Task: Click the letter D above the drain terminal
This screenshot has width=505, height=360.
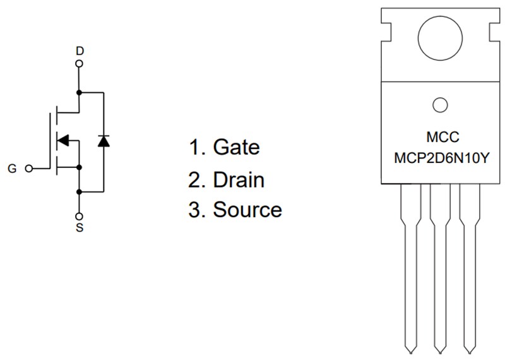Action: pyautogui.click(x=79, y=50)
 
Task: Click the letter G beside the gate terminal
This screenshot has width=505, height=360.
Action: pyautogui.click(x=12, y=169)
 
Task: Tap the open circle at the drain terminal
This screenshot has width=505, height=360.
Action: pyautogui.click(x=79, y=63)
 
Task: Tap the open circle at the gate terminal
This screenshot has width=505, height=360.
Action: pyautogui.click(x=28, y=169)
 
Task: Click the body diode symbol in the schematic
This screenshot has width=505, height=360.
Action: pyautogui.click(x=103, y=141)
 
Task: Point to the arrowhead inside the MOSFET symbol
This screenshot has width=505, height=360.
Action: pyautogui.click(x=62, y=140)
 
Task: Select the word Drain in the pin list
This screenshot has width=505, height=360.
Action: pyautogui.click(x=239, y=179)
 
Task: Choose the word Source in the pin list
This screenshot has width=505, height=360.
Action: pyautogui.click(x=247, y=210)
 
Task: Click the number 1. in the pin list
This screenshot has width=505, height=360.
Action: pyautogui.click(x=197, y=147)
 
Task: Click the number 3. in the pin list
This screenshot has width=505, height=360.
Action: pyautogui.click(x=198, y=210)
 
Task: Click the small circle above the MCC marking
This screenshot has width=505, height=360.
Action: pyautogui.click(x=440, y=105)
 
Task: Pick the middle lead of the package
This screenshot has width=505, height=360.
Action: pyautogui.click(x=440, y=265)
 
